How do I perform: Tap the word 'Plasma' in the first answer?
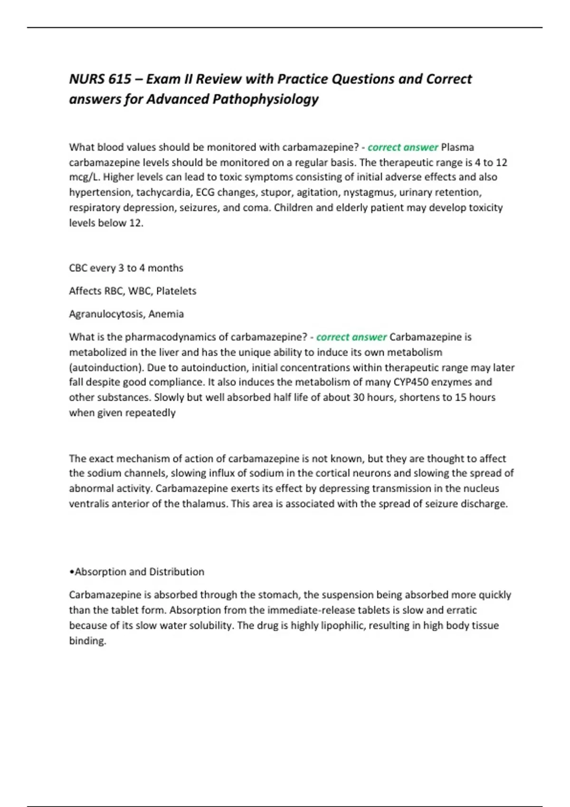click(457, 147)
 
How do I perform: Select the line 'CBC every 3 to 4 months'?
click(126, 268)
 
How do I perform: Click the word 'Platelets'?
click(176, 291)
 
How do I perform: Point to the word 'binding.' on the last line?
click(87, 640)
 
